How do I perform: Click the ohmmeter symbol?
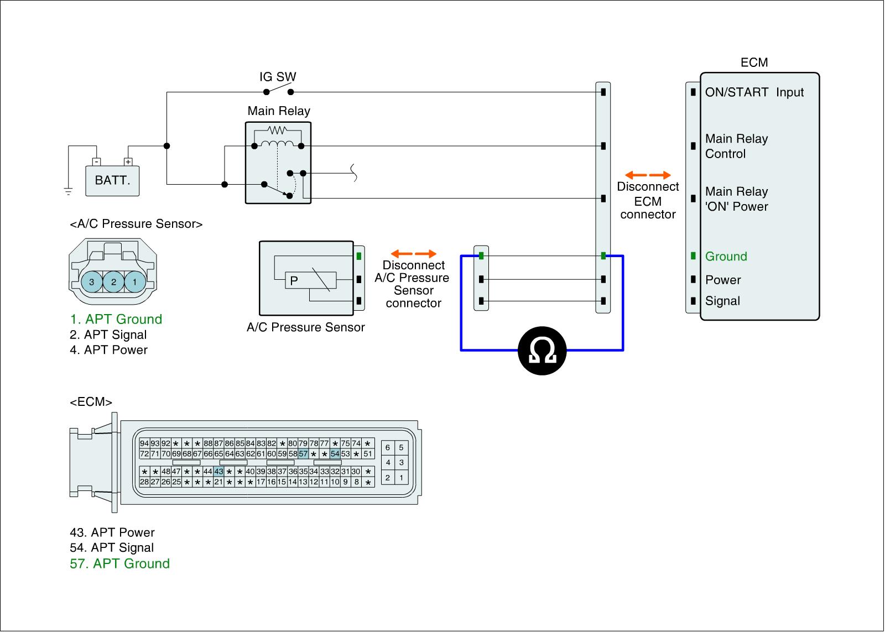tap(542, 351)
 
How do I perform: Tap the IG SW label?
tap(278, 77)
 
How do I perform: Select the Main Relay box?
tap(278, 163)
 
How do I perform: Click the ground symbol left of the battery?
tap(68, 191)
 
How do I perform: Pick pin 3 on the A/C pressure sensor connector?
tap(92, 282)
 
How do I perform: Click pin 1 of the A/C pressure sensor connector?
tap(134, 282)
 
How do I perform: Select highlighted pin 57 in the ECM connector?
tap(303, 454)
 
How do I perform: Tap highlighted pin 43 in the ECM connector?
tap(218, 472)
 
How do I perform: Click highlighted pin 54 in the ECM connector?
tap(335, 454)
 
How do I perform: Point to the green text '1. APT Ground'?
tap(116, 319)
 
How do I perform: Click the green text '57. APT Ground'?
tap(120, 563)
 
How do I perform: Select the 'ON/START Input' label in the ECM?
tap(754, 92)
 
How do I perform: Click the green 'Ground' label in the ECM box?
tap(726, 257)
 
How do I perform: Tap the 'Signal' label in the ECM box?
tap(722, 301)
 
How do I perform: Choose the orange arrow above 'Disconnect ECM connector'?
tap(648, 175)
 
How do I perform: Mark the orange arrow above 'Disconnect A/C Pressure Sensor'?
tap(414, 254)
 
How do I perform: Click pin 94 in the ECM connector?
tap(144, 443)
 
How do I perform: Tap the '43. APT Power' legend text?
tap(112, 532)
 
